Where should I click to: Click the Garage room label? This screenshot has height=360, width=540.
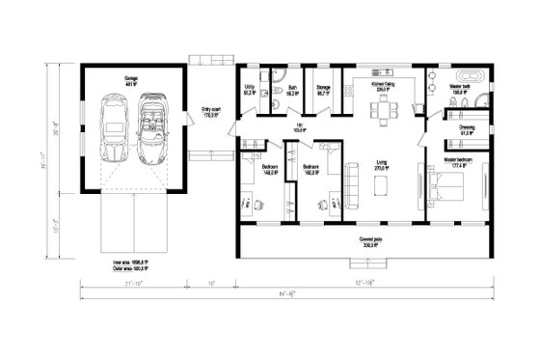pyautogui.click(x=129, y=78)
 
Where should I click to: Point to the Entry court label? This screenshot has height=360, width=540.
pyautogui.click(x=211, y=112)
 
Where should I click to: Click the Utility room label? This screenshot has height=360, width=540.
pyautogui.click(x=250, y=89)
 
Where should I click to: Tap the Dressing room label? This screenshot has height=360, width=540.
pyautogui.click(x=465, y=129)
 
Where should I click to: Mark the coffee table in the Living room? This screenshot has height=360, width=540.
pyautogui.click(x=383, y=184)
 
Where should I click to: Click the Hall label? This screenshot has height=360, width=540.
pyautogui.click(x=300, y=125)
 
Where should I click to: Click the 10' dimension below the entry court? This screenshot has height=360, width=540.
pyautogui.click(x=211, y=284)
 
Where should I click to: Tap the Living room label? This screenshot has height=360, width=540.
pyautogui.click(x=383, y=165)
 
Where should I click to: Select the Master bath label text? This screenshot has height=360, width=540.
pyautogui.click(x=459, y=89)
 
